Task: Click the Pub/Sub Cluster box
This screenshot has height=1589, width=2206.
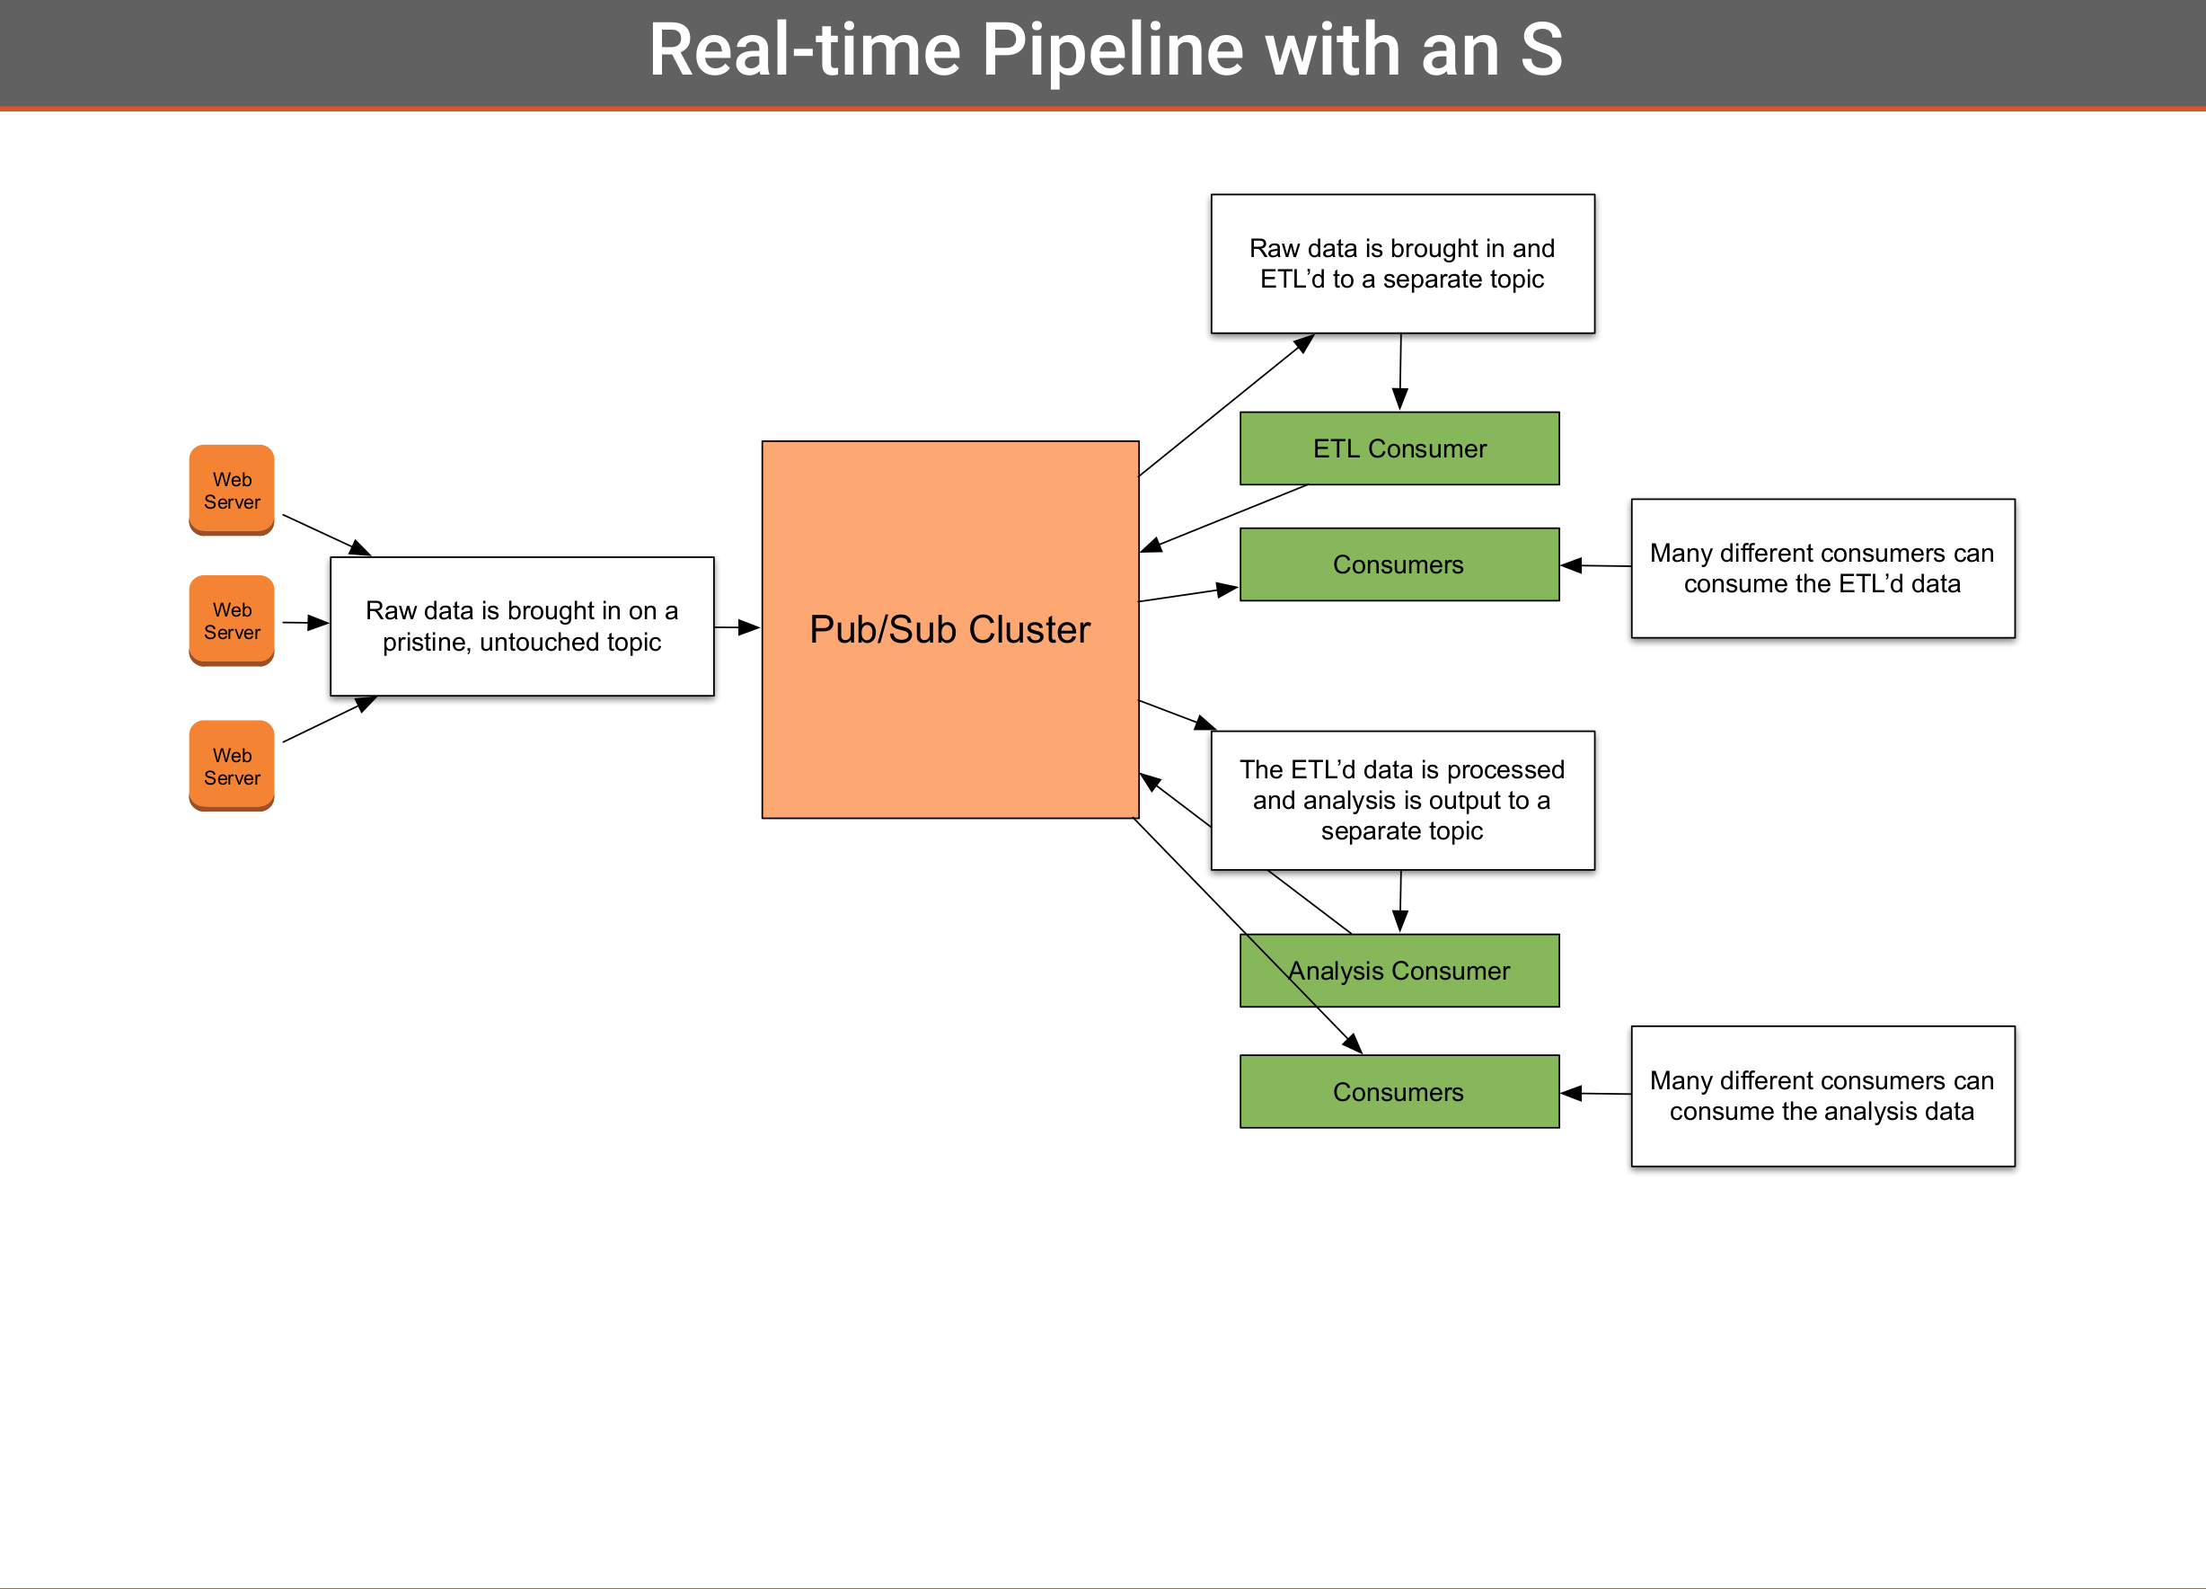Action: (950, 629)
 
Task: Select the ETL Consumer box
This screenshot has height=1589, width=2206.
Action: (1399, 448)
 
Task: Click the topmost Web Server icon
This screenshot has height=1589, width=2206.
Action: (232, 491)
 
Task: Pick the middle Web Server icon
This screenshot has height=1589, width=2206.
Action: (232, 621)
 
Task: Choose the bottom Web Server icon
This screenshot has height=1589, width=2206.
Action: (232, 766)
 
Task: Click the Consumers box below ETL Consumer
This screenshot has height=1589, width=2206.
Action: (1399, 564)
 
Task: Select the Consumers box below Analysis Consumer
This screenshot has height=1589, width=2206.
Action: (1399, 1092)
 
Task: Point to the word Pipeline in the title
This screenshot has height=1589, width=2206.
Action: (1113, 50)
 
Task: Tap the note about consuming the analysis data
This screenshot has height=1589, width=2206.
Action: (1822, 1096)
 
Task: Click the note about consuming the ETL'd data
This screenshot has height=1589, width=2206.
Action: (1822, 568)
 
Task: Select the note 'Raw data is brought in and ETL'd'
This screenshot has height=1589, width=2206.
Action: (1403, 263)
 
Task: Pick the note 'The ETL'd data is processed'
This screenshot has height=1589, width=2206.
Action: (1403, 800)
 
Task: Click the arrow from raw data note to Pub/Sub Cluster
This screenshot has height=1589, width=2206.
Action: (737, 627)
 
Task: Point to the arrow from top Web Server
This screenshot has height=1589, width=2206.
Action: (327, 535)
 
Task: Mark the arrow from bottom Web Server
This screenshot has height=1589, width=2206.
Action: (330, 719)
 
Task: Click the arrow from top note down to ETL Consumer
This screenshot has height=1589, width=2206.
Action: (1400, 372)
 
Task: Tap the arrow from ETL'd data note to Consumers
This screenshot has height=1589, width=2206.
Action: (1595, 565)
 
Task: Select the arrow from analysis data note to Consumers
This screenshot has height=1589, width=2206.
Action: (1595, 1094)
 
